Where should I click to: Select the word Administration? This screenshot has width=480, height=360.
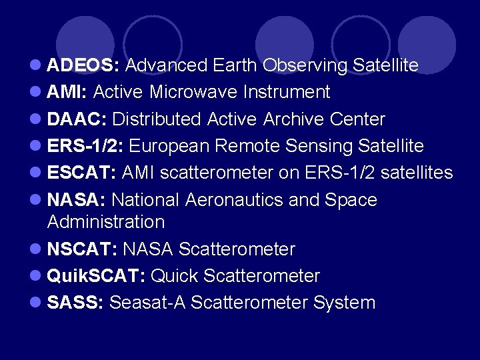[105, 221]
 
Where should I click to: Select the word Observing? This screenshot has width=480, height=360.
[305, 65]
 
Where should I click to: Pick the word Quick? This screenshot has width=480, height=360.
[175, 276]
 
